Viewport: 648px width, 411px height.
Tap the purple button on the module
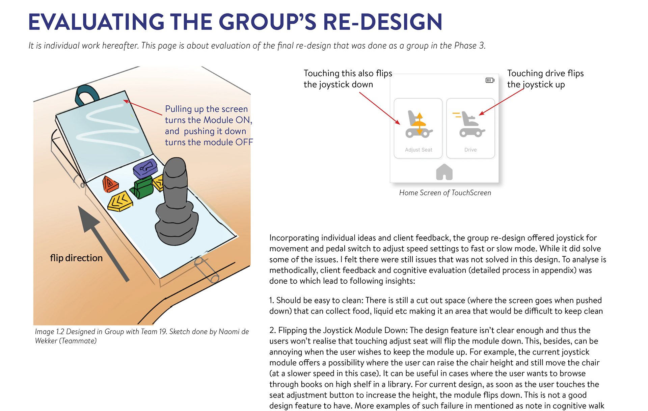pos(145,168)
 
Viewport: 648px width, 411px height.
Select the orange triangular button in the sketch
pos(110,184)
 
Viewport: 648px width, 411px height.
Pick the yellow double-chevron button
pos(120,201)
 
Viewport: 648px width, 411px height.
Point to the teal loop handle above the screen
pos(86,95)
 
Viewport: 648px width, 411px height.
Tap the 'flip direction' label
pos(76,258)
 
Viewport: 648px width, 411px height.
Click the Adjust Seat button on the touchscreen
pos(418,128)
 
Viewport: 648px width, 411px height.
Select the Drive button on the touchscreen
pos(470,128)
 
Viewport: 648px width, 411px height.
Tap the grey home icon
pos(444,172)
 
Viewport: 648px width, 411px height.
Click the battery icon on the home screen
pos(490,80)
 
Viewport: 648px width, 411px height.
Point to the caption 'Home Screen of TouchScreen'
pos(445,193)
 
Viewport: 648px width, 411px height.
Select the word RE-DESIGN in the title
pos(382,22)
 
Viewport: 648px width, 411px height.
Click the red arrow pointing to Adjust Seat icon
pos(380,108)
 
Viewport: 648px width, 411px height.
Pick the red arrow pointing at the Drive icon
pos(501,102)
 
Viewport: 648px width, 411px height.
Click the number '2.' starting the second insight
pos(273,330)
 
